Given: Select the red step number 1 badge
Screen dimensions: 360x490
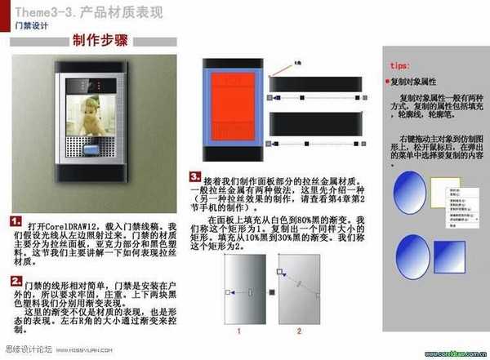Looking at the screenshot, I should coord(16,220).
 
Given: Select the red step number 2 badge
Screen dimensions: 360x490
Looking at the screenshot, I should coord(16,281).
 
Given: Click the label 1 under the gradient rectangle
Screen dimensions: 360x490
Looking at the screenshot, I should coord(238,331).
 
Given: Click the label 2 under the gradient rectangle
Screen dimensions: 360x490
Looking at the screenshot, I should coord(299,331).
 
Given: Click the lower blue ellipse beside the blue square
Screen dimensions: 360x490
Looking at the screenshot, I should coord(409,253).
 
